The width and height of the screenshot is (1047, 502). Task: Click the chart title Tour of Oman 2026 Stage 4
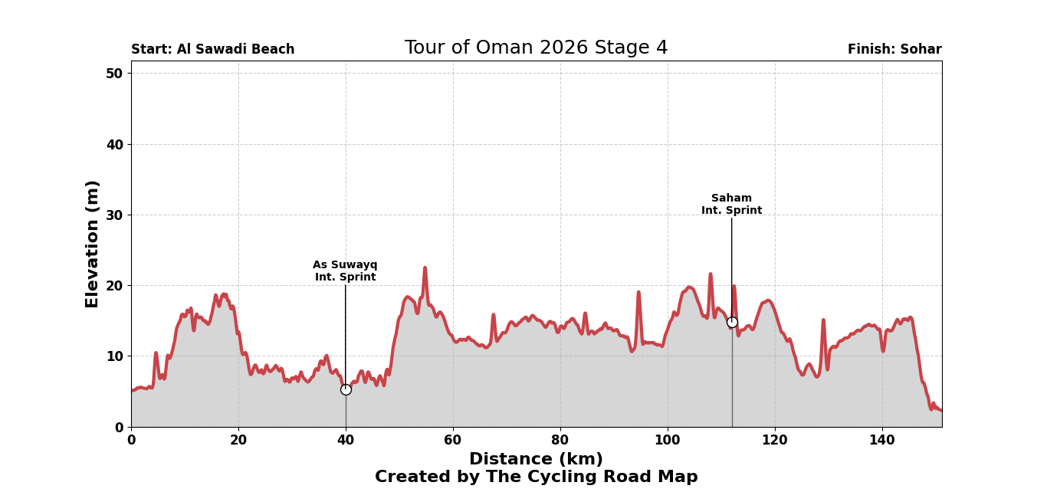(x=536, y=48)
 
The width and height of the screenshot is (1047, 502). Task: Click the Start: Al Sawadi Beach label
(x=212, y=50)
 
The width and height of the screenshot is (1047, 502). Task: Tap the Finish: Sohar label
(x=894, y=50)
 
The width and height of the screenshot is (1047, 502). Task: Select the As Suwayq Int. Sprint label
(x=345, y=271)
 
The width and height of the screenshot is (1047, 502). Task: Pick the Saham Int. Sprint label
(x=731, y=204)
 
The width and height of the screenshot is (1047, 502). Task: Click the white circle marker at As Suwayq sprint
(x=346, y=389)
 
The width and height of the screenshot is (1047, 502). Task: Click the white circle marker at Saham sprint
(x=732, y=322)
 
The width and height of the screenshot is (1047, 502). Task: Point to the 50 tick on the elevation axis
(x=114, y=74)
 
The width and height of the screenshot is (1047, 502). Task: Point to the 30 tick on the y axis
(x=114, y=215)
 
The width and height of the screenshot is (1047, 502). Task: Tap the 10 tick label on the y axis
(x=114, y=356)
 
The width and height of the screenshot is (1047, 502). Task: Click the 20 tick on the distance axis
(x=238, y=440)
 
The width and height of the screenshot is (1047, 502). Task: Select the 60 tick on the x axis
(x=453, y=440)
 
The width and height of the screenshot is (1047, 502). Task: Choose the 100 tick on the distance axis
(x=668, y=440)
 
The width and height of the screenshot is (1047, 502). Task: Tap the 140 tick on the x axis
(x=882, y=440)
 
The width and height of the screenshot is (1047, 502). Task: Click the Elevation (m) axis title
(x=93, y=244)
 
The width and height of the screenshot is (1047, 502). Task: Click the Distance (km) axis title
(x=536, y=459)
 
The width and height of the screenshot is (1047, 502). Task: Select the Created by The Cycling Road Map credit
(x=536, y=477)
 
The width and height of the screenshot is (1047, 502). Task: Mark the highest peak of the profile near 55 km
(x=425, y=268)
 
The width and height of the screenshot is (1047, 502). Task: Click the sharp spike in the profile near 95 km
(x=638, y=292)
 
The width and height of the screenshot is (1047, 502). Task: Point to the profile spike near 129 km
(x=823, y=320)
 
